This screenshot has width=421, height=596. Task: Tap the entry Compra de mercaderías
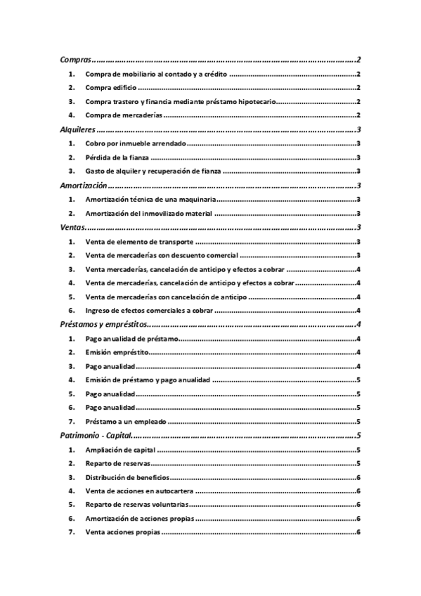pyautogui.click(x=124, y=115)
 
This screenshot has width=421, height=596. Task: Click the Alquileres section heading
pyautogui.click(x=77, y=129)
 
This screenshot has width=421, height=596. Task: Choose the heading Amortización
pyautogui.click(x=83, y=186)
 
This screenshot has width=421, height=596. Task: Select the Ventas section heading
pyautogui.click(x=72, y=227)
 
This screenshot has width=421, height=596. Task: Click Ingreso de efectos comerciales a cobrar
pyautogui.click(x=148, y=311)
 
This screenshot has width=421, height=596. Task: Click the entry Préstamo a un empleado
pyautogui.click(x=125, y=422)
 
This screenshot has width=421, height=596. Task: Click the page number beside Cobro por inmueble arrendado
pyautogui.click(x=359, y=143)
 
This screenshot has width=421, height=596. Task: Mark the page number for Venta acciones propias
pyautogui.click(x=359, y=532)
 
